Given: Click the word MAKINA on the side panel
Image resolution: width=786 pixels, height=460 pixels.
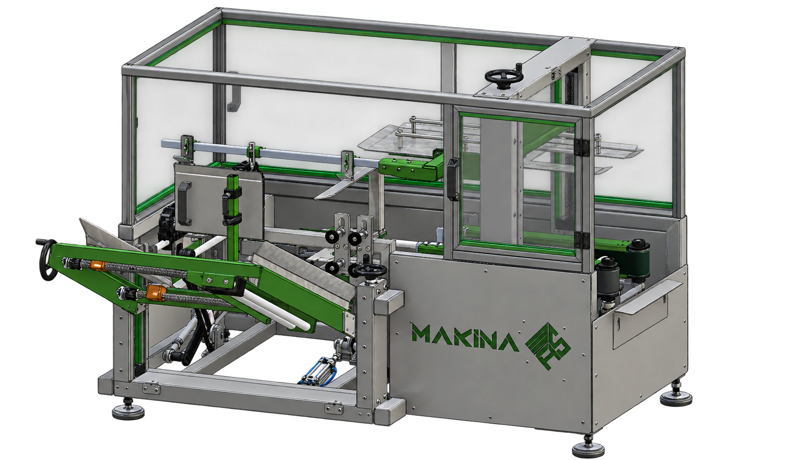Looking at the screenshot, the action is pos(465,338).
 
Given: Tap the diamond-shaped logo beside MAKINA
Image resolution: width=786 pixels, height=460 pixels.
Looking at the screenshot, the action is pos(548,346).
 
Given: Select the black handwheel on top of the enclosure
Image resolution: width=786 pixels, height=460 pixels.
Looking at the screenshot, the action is pos(504,76).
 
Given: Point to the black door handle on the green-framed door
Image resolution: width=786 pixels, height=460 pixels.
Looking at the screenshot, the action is pos(453,179).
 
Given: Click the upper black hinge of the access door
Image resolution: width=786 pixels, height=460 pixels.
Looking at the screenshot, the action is pos(581,147).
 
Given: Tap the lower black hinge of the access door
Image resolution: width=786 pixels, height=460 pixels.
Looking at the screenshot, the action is pos(581,240).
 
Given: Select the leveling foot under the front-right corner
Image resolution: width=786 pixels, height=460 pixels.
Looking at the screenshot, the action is pos(588,446).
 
